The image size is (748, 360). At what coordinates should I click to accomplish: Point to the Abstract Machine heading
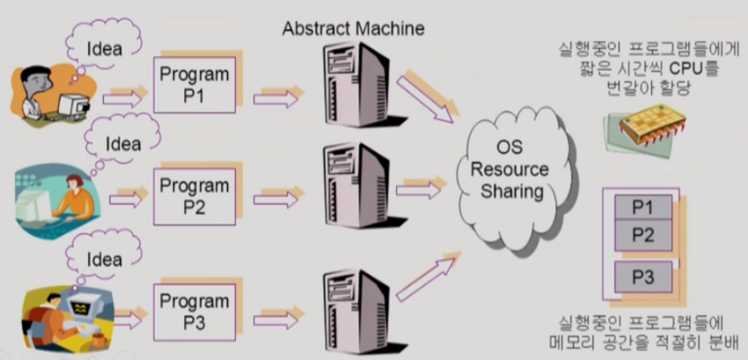tap(353, 28)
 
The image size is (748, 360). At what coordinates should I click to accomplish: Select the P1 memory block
tap(642, 208)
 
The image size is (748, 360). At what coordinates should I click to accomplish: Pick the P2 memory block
tap(642, 234)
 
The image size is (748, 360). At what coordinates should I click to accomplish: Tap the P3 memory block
tap(642, 276)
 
